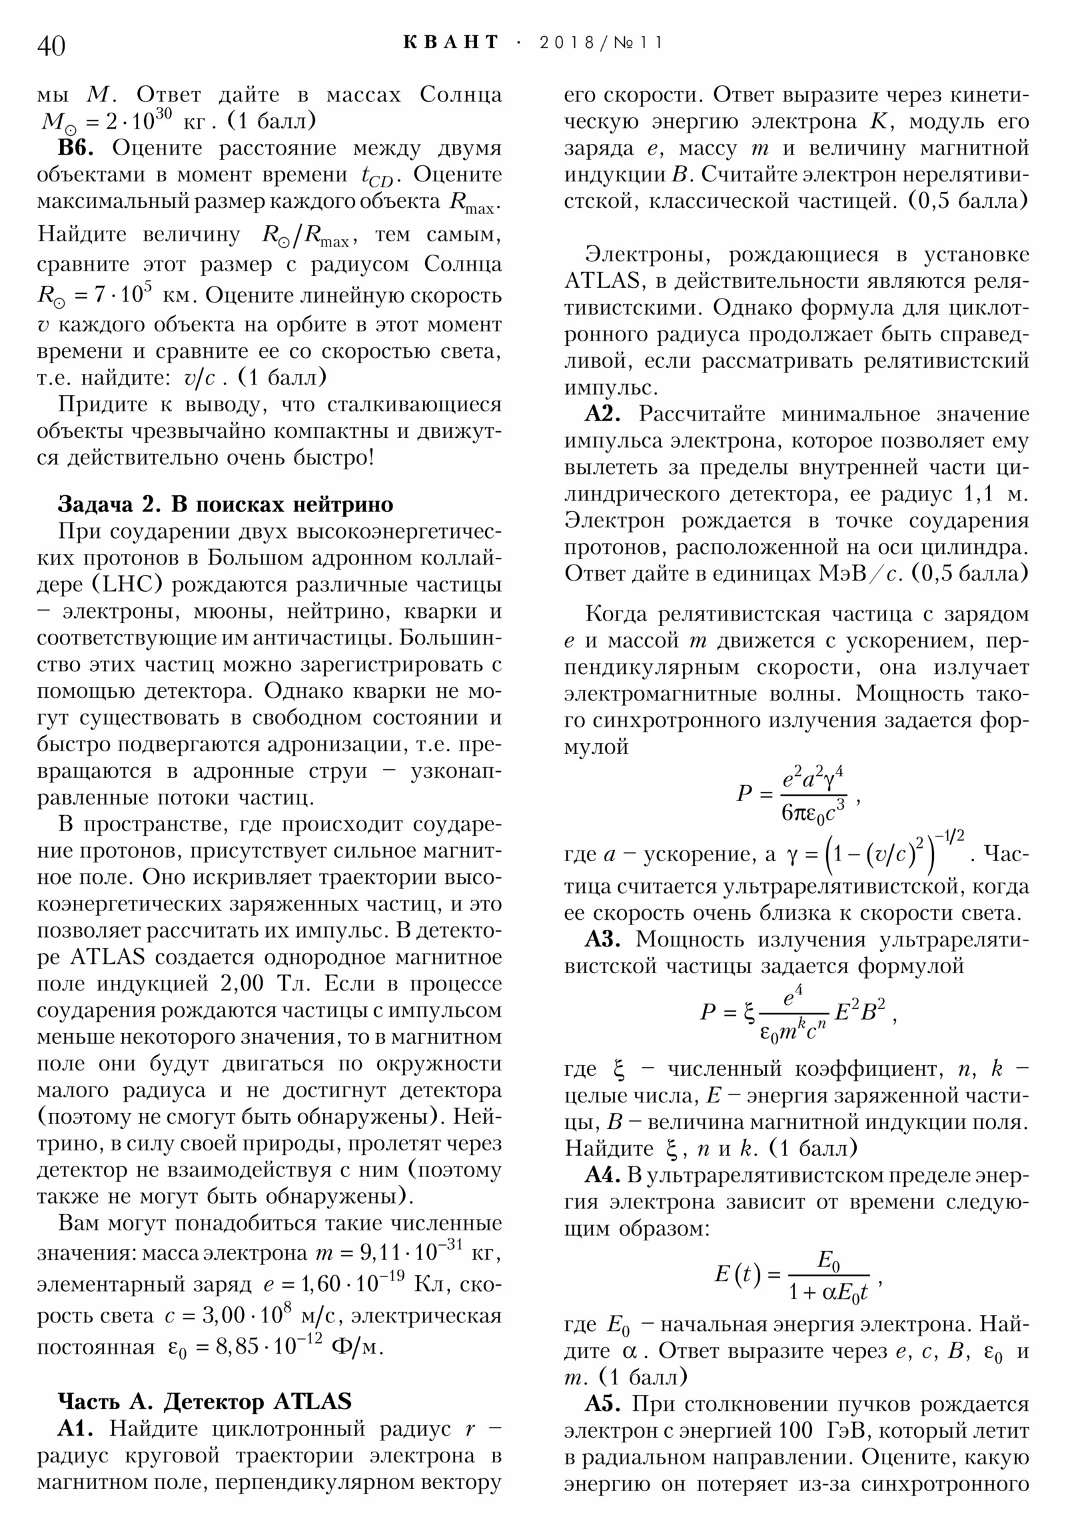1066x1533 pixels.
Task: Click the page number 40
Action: tap(51, 46)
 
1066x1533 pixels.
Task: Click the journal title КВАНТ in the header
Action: tap(450, 43)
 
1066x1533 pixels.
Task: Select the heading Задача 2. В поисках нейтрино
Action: tap(226, 503)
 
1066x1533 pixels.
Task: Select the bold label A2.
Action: tap(603, 414)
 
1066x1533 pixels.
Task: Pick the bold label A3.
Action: tap(603, 938)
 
